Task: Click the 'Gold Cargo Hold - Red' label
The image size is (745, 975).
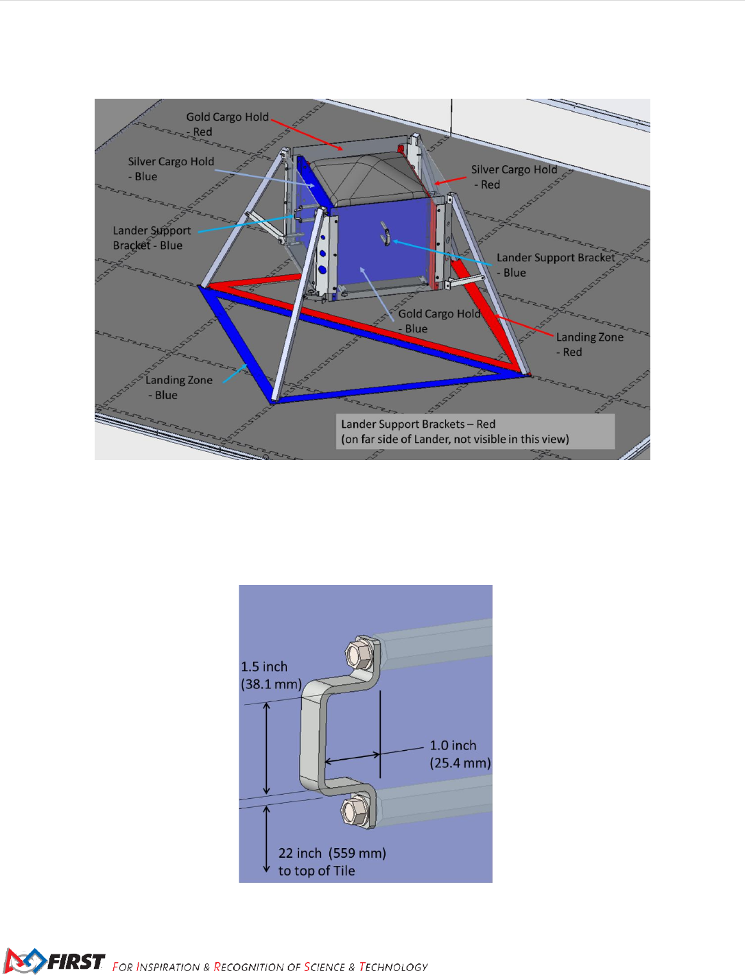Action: (x=227, y=124)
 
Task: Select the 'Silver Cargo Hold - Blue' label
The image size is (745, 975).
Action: (x=171, y=169)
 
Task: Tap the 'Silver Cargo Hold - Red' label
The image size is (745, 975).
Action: (x=514, y=177)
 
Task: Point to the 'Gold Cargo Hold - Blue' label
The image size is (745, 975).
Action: (x=439, y=321)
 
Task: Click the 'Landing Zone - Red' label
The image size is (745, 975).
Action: (x=589, y=344)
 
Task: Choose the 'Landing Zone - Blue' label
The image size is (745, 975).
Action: (x=178, y=387)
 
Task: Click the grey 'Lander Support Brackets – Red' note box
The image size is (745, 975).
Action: (x=475, y=431)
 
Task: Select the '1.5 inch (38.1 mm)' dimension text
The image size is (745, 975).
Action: (x=270, y=675)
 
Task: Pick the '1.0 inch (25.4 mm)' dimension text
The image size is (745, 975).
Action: (x=460, y=754)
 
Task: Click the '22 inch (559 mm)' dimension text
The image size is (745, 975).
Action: (x=332, y=854)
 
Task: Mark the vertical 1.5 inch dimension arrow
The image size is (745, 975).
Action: (x=267, y=749)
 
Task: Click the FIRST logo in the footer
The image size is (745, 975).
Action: (x=55, y=961)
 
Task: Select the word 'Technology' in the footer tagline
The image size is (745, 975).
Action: (x=393, y=967)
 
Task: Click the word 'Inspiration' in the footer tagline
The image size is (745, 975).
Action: (x=168, y=967)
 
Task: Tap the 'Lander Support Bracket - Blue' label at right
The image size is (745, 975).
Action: (x=555, y=265)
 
